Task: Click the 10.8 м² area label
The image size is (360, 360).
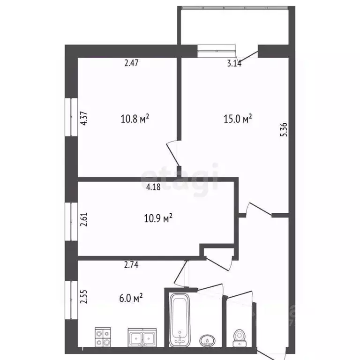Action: (135, 119)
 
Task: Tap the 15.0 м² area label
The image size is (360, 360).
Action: (238, 119)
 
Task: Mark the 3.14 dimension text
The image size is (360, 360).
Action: (234, 64)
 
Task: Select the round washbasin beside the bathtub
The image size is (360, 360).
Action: (206, 339)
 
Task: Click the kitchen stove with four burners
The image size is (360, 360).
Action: (103, 336)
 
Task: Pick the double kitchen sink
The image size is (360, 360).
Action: (142, 337)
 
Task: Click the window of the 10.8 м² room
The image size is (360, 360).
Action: (71, 117)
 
